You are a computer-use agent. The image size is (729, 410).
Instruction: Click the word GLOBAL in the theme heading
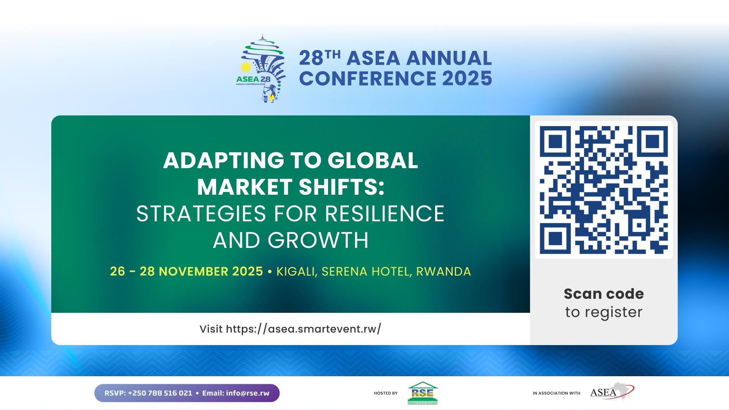tap(372, 160)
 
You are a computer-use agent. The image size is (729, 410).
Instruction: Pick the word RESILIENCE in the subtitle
tap(385, 213)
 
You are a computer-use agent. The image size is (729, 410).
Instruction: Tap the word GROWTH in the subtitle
tap(318, 240)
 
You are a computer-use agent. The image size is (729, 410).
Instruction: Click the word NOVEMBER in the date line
tap(192, 271)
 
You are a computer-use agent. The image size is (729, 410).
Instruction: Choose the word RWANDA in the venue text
tap(443, 271)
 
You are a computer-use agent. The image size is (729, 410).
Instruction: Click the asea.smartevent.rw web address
tap(303, 329)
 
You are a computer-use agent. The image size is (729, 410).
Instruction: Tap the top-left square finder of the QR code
tap(555, 142)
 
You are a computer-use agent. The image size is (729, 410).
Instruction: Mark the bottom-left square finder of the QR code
tap(555, 238)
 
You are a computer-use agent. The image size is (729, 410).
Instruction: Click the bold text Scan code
tap(604, 294)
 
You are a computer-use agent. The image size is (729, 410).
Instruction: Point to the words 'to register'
tap(604, 312)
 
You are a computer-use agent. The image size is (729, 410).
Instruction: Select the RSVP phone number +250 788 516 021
tap(160, 393)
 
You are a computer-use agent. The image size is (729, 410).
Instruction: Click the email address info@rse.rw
tap(248, 393)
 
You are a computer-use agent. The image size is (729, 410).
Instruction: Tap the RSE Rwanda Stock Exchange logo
tap(423, 393)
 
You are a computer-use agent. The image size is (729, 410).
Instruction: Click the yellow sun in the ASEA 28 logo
tap(246, 68)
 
